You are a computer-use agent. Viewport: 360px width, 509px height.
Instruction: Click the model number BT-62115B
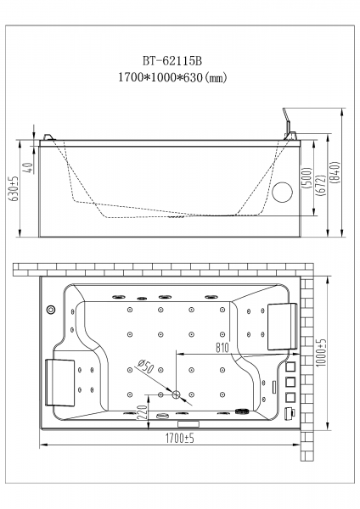pos(172,61)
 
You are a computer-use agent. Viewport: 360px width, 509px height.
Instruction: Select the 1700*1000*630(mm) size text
pos(172,77)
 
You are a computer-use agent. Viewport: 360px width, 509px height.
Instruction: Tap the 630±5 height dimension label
pos(15,188)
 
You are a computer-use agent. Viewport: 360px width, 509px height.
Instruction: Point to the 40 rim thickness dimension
pos(29,168)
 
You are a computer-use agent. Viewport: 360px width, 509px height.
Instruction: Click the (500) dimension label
pos(307,178)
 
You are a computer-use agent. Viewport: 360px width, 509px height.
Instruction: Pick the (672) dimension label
pos(320,185)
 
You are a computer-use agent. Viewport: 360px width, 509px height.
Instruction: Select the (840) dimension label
pos(335,172)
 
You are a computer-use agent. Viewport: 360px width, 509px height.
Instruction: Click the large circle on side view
pos(282,193)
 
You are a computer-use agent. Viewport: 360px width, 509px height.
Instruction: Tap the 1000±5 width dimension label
pos(321,353)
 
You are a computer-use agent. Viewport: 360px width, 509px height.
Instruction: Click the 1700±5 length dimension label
pos(180,439)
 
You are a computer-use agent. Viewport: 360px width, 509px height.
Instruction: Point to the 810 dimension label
pos(222,348)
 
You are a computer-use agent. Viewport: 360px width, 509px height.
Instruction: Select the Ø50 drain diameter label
pos(145,366)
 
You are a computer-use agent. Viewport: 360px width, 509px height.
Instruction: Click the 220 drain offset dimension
pos(143,412)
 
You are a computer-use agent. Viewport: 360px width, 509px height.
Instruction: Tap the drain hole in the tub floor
pos(176,394)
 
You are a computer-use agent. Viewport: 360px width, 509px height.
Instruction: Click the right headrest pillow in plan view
pos(282,327)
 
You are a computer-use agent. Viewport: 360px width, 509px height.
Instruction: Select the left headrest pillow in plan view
pos(59,383)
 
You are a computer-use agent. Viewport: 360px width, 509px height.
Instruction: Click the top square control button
pos(290,367)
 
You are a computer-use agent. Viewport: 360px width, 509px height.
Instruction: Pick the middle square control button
pos(290,382)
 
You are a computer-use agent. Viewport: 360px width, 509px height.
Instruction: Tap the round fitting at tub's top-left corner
pos(51,310)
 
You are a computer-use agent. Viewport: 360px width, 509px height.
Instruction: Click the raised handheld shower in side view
pos(287,120)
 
